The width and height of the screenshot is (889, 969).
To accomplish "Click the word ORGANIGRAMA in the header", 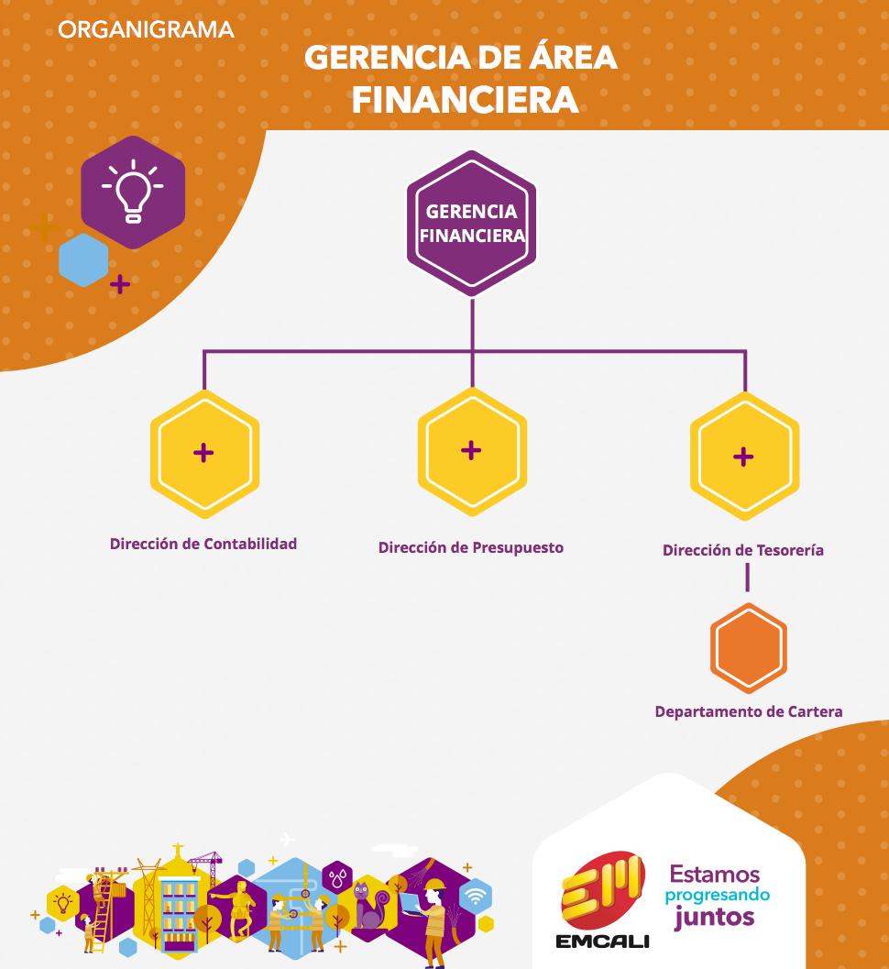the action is click(x=146, y=29).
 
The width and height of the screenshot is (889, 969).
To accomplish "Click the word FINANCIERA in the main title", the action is click(x=466, y=100).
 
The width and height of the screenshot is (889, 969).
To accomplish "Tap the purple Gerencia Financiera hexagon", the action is click(x=471, y=224).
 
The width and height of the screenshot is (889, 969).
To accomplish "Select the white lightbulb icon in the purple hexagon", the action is click(x=133, y=192).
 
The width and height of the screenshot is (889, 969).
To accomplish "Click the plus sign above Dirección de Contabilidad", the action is click(x=203, y=453).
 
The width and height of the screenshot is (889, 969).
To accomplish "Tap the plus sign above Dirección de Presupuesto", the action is click(x=471, y=450).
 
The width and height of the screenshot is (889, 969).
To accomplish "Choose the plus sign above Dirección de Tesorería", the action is click(x=743, y=457).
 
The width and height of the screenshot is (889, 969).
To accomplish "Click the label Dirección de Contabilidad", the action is click(x=203, y=544).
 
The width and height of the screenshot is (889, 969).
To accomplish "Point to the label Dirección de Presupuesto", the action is click(x=471, y=547).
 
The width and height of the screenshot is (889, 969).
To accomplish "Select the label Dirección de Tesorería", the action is click(x=743, y=550).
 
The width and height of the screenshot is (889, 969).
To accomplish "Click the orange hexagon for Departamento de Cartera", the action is click(x=748, y=647).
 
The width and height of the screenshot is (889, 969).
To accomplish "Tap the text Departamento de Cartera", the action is click(x=748, y=712).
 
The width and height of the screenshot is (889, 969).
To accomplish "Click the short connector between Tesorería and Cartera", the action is click(x=747, y=578).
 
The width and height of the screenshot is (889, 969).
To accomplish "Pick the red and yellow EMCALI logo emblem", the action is click(x=602, y=890).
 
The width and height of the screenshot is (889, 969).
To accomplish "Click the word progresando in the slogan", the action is click(x=718, y=896).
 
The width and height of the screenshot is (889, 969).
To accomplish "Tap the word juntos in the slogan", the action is click(x=715, y=917).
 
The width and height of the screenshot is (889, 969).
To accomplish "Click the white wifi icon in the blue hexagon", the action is click(x=475, y=897).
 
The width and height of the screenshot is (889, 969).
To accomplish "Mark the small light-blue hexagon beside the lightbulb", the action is click(x=83, y=259).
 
